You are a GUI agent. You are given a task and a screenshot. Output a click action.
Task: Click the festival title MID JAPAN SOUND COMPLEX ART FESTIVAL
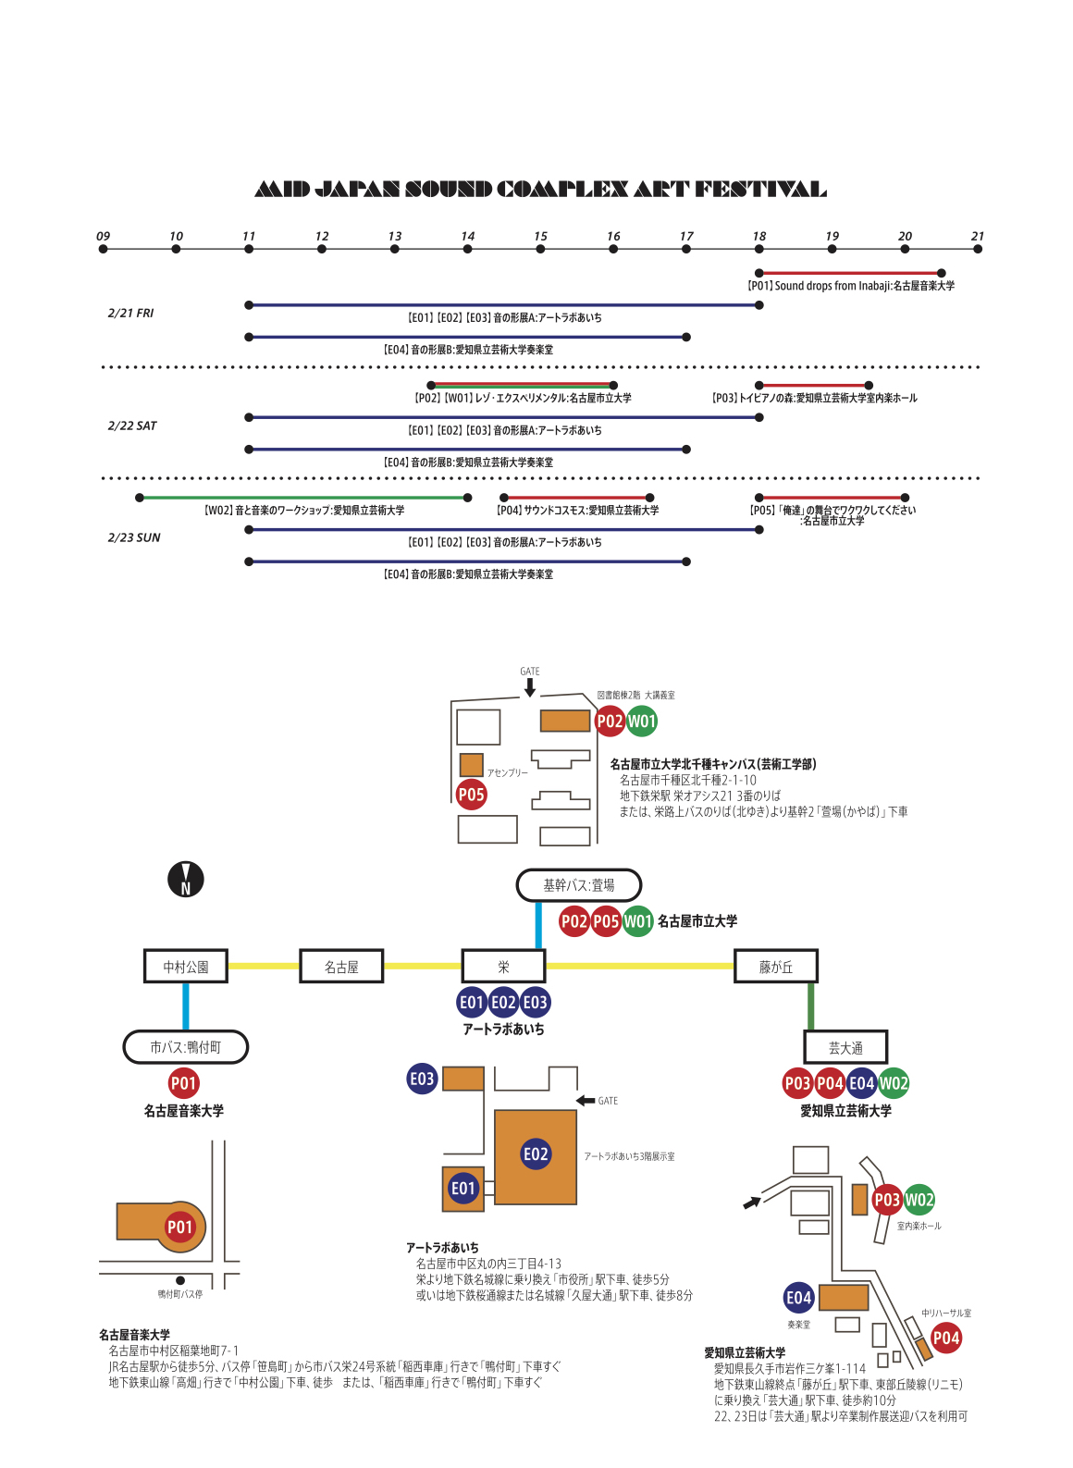click(x=540, y=190)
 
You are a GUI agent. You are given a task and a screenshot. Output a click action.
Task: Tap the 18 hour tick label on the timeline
click(x=759, y=237)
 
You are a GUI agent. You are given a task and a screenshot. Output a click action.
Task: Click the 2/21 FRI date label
click(x=130, y=314)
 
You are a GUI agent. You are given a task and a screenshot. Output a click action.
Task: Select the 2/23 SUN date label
click(x=134, y=537)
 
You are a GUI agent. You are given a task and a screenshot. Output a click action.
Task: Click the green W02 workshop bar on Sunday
click(x=305, y=498)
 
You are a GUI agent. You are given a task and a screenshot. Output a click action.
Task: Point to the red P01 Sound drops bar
click(x=850, y=273)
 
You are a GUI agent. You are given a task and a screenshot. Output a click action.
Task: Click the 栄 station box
click(x=503, y=967)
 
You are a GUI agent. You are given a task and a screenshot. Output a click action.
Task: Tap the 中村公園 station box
click(x=186, y=967)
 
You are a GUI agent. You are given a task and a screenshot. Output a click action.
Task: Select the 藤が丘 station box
click(x=775, y=967)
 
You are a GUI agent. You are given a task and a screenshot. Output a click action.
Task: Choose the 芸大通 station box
click(x=845, y=1047)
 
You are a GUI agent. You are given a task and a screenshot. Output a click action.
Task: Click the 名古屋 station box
click(x=341, y=967)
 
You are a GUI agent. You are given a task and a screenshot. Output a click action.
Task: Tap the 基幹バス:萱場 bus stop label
click(x=578, y=885)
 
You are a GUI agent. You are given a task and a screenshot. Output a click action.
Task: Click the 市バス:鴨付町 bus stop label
click(x=186, y=1047)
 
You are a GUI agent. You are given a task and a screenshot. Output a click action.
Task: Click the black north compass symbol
click(x=185, y=879)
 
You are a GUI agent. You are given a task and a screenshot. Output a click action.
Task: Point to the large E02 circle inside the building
click(x=536, y=1153)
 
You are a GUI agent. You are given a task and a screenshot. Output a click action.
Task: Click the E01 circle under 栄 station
click(x=472, y=1002)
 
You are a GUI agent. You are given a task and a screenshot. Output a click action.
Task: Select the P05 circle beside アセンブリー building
click(x=472, y=794)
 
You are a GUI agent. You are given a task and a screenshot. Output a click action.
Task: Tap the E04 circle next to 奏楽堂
click(x=798, y=1298)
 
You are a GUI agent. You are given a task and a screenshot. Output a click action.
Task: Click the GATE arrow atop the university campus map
click(x=530, y=687)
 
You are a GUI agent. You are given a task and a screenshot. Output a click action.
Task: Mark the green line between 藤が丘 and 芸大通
click(x=811, y=1006)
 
